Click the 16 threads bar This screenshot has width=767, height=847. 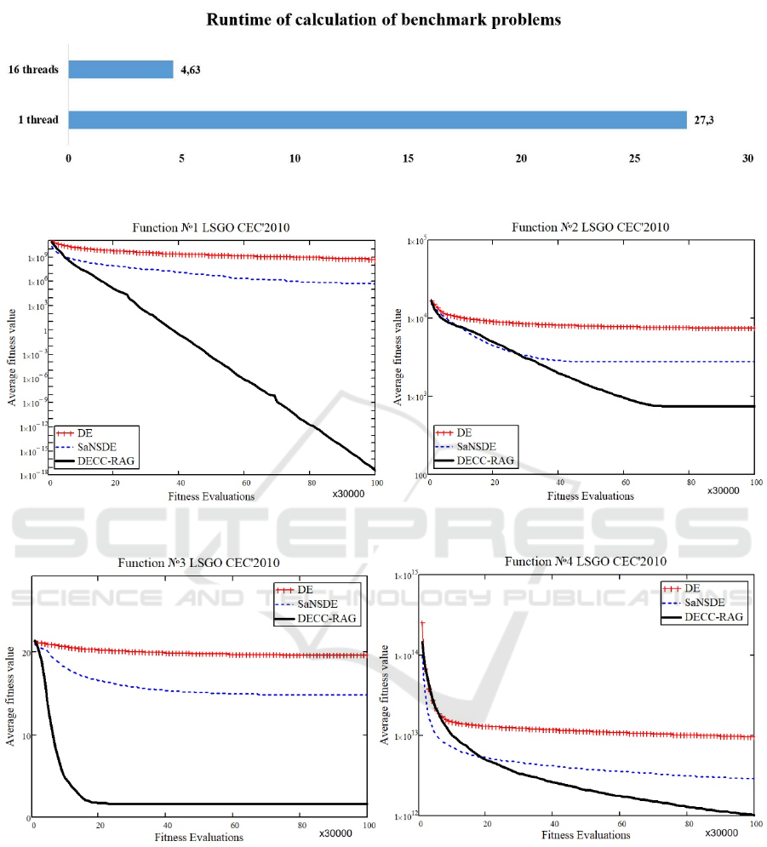tap(120, 69)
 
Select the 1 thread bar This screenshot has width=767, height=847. tap(377, 119)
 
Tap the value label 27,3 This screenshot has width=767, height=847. tap(704, 120)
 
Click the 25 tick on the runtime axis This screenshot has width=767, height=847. tap(634, 158)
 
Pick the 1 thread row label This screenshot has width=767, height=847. tap(39, 120)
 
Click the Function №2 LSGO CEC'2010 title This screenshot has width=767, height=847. tap(590, 227)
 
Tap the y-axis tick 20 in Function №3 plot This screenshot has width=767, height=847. tap(26, 654)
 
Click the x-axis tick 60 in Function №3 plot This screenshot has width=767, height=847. tap(235, 826)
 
